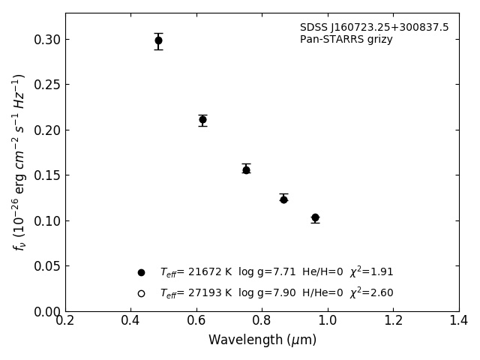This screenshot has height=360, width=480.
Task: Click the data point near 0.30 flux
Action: pos(158,40)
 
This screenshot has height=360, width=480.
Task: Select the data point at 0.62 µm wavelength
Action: pos(202,119)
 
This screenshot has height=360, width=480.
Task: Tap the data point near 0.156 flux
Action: pos(246,169)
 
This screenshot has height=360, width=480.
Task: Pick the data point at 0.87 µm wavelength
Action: pos(283,199)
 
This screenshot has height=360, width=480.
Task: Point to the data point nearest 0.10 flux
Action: pos(315,217)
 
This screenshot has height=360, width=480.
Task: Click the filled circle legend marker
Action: pos(141,272)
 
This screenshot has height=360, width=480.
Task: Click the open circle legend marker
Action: pos(141,293)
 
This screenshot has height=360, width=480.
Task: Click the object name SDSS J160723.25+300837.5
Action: pos(374,28)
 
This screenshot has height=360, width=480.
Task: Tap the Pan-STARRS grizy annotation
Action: pos(346,40)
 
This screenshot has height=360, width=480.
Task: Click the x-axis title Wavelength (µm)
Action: pos(262,340)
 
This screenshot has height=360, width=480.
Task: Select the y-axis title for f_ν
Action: pos(19,162)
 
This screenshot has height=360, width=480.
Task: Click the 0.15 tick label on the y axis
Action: pos(46,175)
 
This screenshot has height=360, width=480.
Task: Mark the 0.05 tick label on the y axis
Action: pos(46,266)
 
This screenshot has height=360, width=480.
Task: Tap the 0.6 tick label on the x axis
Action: pos(196,320)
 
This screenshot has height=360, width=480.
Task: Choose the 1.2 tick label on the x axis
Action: pos(393,320)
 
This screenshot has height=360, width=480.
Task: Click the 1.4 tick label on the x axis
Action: pos(458,320)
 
